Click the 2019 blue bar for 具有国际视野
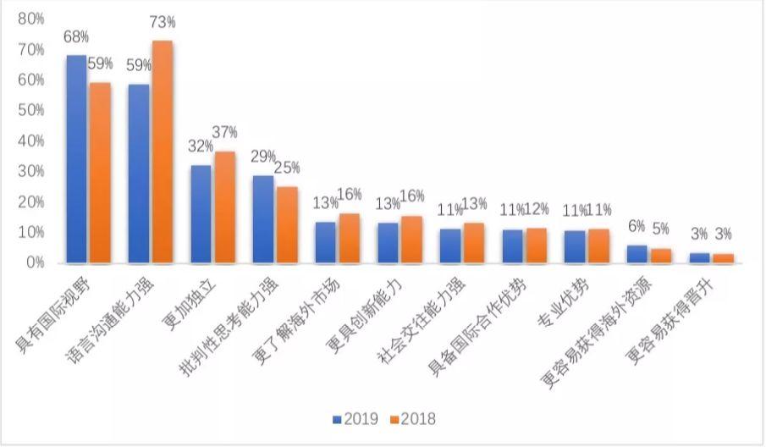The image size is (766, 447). (76, 159)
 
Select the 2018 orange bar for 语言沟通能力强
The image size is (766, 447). (162, 152)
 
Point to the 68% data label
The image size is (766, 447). (74, 37)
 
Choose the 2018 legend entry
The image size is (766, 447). (412, 419)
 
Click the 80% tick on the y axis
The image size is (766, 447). (30, 19)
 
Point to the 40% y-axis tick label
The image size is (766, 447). (30, 141)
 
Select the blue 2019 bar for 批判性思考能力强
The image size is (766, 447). (263, 219)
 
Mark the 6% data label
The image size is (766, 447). (636, 227)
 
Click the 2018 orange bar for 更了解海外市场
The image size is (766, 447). (349, 239)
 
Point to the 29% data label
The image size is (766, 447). (263, 157)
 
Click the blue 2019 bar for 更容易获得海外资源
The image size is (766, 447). (636, 254)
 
